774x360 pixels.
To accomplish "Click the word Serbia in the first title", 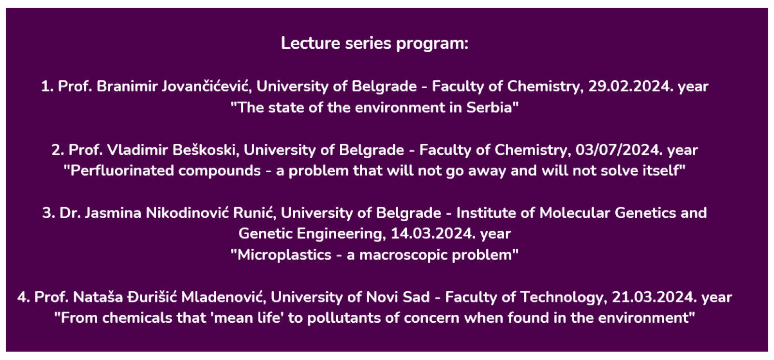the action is click(x=489, y=107).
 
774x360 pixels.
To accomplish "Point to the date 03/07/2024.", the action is click(x=619, y=150).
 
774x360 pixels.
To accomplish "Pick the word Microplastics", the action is click(x=284, y=255).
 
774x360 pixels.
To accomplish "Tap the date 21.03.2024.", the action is click(x=655, y=297).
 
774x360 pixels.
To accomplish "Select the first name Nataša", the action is click(x=98, y=297).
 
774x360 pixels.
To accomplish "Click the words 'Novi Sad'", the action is click(x=398, y=297).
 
